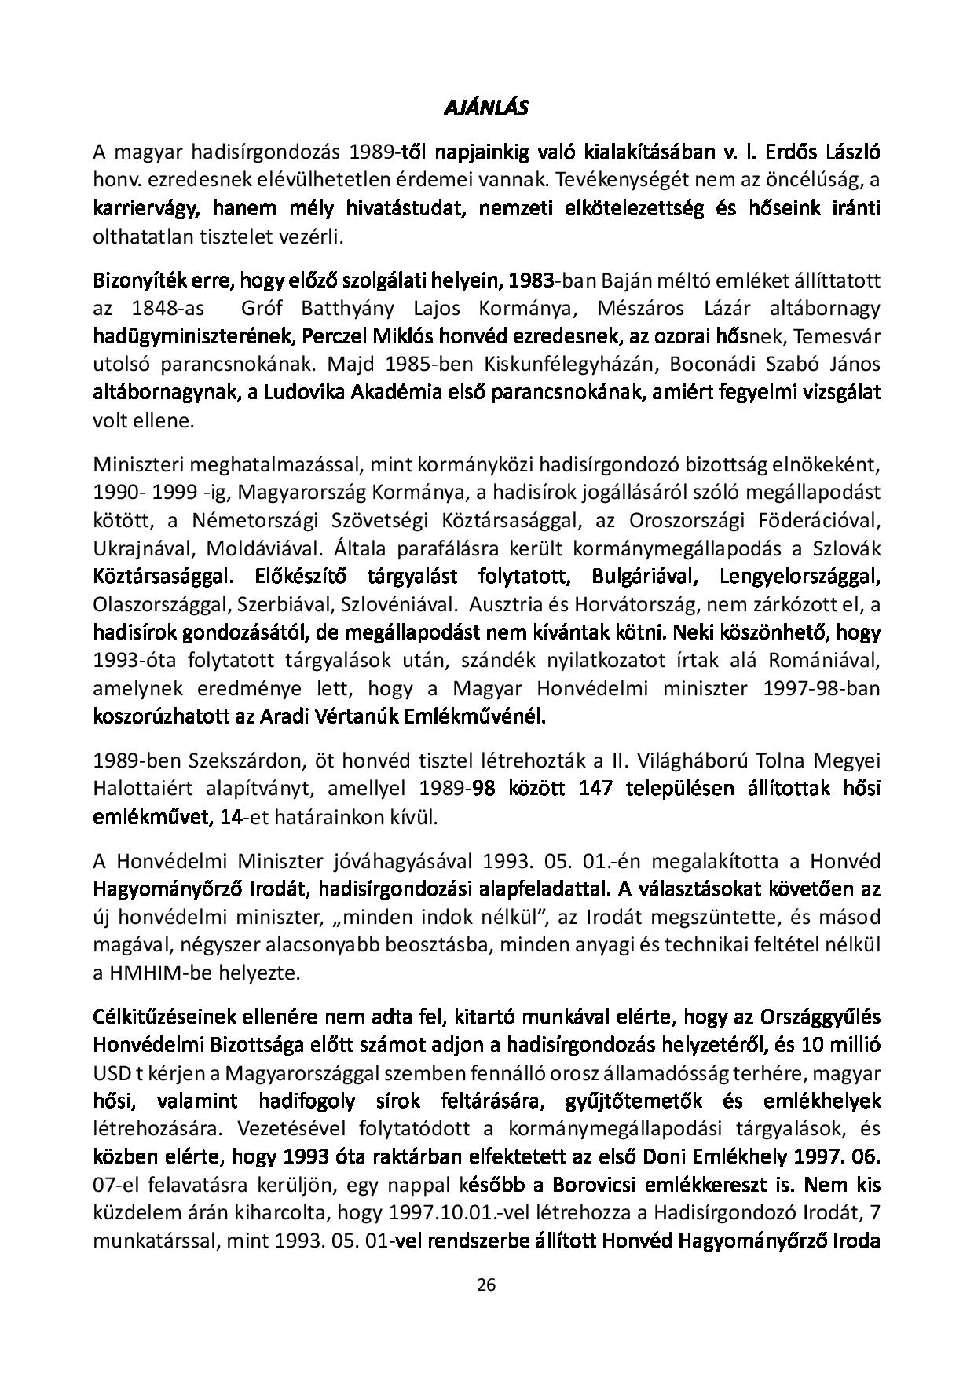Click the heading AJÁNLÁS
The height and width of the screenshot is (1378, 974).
point(486,108)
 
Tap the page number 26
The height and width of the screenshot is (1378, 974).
point(486,1285)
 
